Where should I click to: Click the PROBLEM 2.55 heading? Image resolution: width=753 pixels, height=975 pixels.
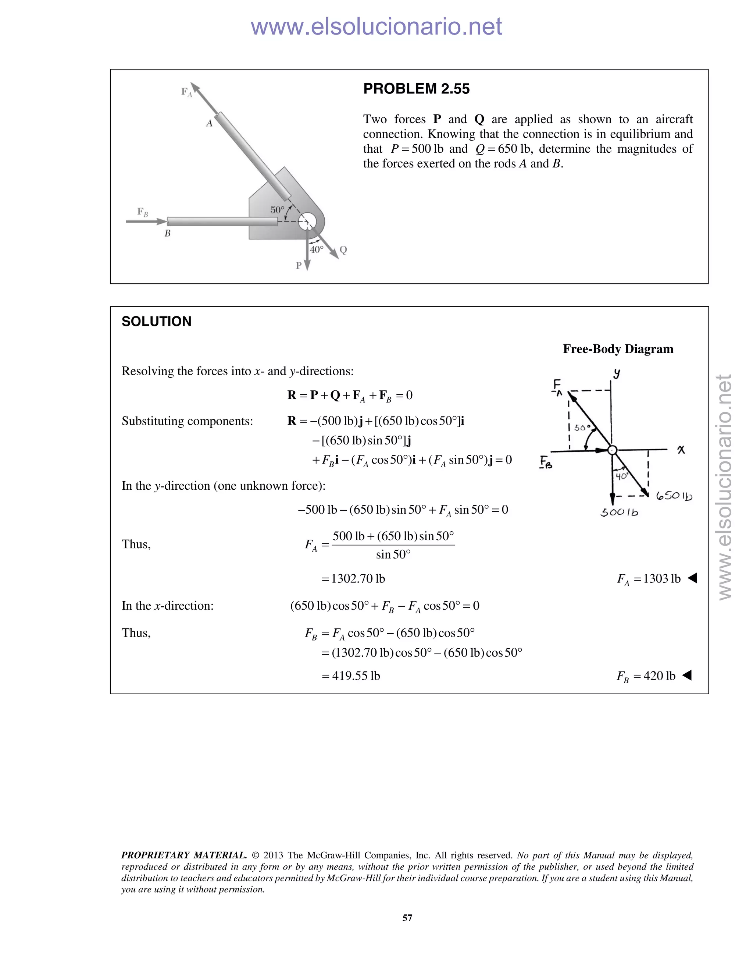coord(416,89)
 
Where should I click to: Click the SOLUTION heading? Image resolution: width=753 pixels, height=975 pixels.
coord(157,322)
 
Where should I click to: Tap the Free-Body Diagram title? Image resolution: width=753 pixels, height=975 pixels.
coord(618,349)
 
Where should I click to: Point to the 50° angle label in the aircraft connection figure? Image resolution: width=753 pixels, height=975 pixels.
coord(277,210)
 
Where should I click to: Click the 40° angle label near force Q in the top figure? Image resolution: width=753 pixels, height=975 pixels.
coord(316,249)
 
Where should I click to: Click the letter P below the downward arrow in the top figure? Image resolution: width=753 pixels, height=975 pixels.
coord(299,266)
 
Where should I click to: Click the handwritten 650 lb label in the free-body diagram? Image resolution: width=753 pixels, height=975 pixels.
coord(674,496)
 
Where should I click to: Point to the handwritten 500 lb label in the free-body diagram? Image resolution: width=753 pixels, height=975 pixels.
coord(619,513)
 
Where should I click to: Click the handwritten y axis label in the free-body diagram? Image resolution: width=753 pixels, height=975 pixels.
coord(616,373)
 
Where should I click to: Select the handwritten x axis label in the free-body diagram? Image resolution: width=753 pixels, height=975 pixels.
coord(681,450)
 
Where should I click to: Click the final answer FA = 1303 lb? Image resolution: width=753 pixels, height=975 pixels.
coord(649,579)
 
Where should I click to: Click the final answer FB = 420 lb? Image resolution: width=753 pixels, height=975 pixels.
coord(646,676)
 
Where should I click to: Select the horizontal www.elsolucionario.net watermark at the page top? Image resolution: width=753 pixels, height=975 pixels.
coord(376,26)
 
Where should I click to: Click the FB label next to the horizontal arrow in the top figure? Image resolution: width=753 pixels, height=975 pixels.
coord(142,212)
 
